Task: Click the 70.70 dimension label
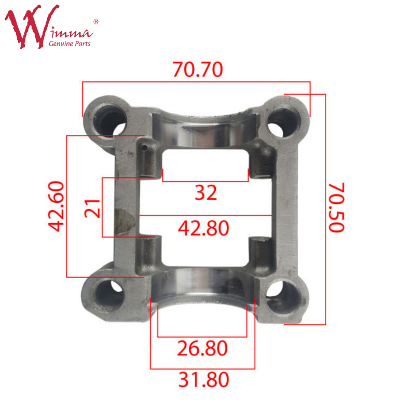[x=198, y=70]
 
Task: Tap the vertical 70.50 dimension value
[x=337, y=208]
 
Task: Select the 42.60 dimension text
[x=56, y=206]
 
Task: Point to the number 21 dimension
[x=92, y=209]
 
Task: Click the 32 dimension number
[x=205, y=192]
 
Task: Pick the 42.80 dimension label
[x=203, y=228]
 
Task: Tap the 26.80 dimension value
[x=202, y=348]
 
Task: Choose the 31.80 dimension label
[x=203, y=380]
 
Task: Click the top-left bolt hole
[x=110, y=121]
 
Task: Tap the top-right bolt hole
[x=283, y=122]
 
